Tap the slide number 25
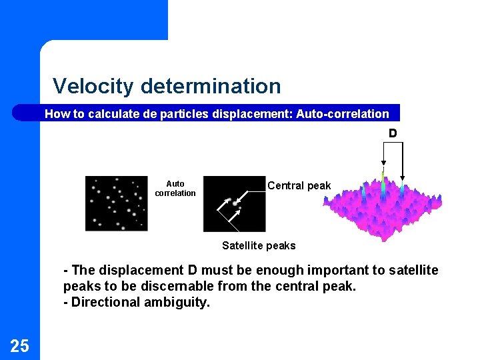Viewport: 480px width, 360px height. click(19, 345)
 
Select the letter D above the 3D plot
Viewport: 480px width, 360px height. click(393, 133)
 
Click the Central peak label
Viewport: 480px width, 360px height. click(299, 186)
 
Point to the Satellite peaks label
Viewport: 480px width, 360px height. click(259, 245)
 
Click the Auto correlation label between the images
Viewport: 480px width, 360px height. click(175, 189)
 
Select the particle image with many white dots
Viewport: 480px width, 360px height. click(116, 203)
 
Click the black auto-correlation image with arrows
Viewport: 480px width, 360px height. click(233, 203)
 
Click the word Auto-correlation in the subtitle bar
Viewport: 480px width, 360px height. click(342, 114)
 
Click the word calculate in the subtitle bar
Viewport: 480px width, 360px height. click(117, 114)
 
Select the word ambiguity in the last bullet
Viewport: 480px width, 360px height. click(180, 302)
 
